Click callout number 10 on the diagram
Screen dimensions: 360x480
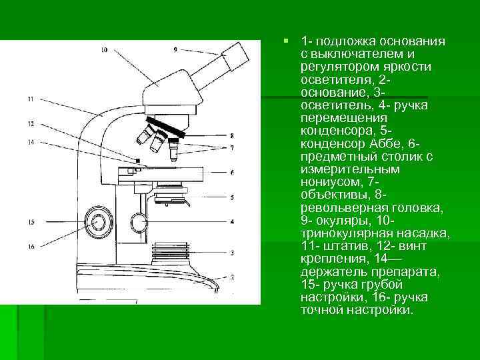click(x=104, y=49)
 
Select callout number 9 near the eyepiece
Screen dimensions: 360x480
click(x=175, y=49)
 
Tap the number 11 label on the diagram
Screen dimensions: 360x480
click(x=31, y=99)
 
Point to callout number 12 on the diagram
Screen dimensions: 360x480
click(x=31, y=123)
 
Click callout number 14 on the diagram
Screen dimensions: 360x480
click(x=31, y=141)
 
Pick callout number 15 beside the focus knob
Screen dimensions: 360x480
click(x=31, y=221)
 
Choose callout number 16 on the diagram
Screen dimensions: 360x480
click(x=31, y=246)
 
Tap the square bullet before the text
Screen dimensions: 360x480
click(x=285, y=41)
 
